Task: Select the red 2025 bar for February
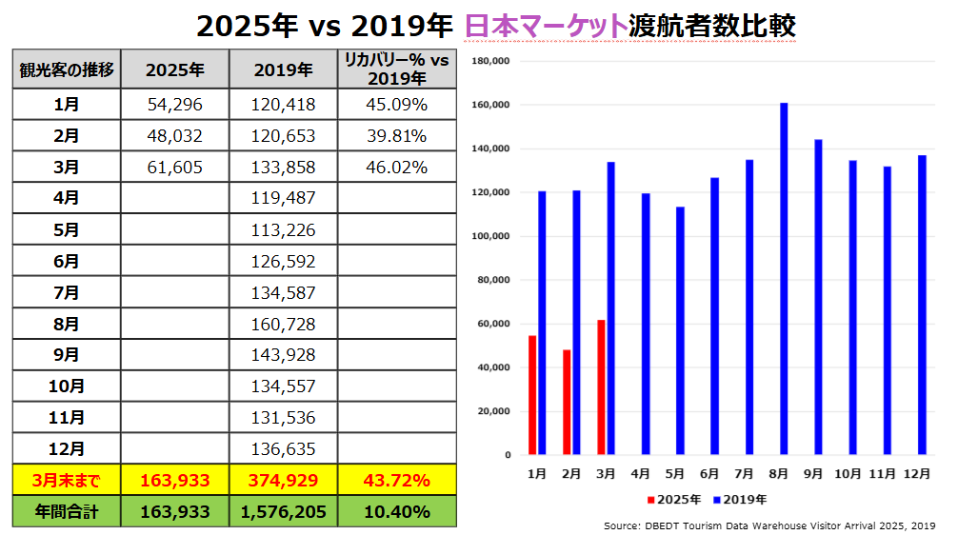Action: pyautogui.click(x=567, y=403)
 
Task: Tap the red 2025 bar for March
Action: pyautogui.click(x=601, y=387)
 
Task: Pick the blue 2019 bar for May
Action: pyautogui.click(x=680, y=330)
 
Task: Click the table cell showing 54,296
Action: pyautogui.click(x=175, y=104)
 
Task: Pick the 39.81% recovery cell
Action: pyautogui.click(x=396, y=135)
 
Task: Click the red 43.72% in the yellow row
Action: pyautogui.click(x=396, y=480)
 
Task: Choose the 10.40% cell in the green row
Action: pyautogui.click(x=396, y=511)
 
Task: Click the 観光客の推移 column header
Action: pyautogui.click(x=67, y=69)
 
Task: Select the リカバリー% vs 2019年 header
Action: pyautogui.click(x=396, y=69)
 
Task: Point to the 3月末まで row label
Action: pyautogui.click(x=67, y=480)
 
